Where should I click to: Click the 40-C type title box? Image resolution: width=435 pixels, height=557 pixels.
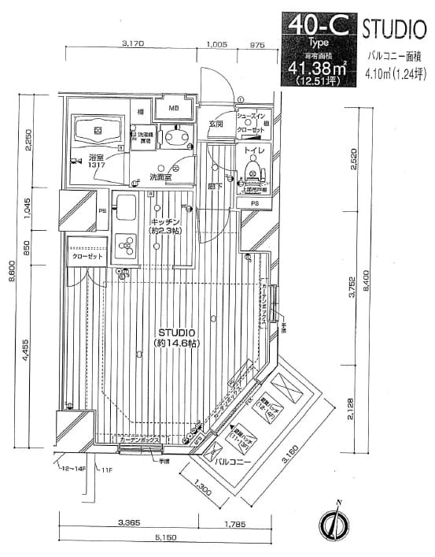click(319, 25)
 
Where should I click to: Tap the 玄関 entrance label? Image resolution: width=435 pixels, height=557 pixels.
click(216, 124)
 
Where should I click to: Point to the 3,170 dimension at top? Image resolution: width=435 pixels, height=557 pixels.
click(132, 46)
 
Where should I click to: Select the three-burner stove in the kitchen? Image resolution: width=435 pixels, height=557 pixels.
click(124, 248)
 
